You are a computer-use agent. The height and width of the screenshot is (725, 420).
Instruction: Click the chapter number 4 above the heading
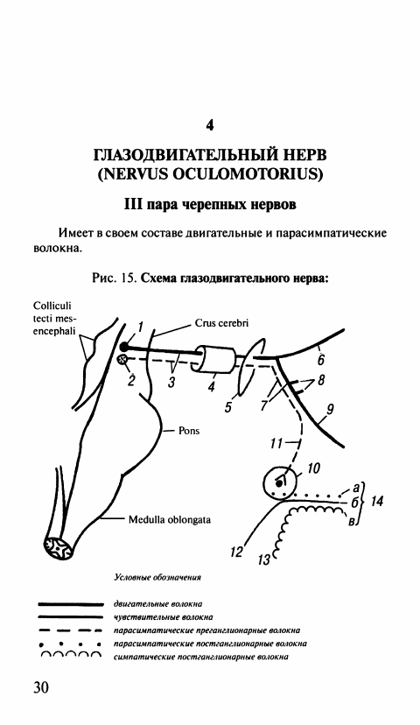(209, 125)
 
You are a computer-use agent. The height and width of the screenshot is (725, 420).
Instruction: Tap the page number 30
(40, 687)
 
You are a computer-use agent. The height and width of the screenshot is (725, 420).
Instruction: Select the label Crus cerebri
(221, 323)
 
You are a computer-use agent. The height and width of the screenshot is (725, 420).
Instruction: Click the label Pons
(189, 431)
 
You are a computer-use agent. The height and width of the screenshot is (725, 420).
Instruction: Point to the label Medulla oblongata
(170, 520)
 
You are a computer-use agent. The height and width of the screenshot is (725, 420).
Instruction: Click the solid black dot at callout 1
(124, 347)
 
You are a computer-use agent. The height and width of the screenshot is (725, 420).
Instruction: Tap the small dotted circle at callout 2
(123, 359)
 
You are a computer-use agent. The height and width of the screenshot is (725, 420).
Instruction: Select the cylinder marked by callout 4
(216, 358)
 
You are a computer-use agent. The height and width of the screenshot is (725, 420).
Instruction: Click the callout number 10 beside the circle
(312, 468)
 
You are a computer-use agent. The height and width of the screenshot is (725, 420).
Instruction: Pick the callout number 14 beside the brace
(377, 501)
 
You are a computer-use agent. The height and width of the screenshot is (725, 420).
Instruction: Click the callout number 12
(236, 553)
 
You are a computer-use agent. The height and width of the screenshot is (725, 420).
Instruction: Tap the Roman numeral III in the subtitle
(134, 204)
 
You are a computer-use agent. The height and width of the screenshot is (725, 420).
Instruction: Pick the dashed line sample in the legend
(70, 630)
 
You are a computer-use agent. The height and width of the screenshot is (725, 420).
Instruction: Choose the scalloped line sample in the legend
(70, 655)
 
